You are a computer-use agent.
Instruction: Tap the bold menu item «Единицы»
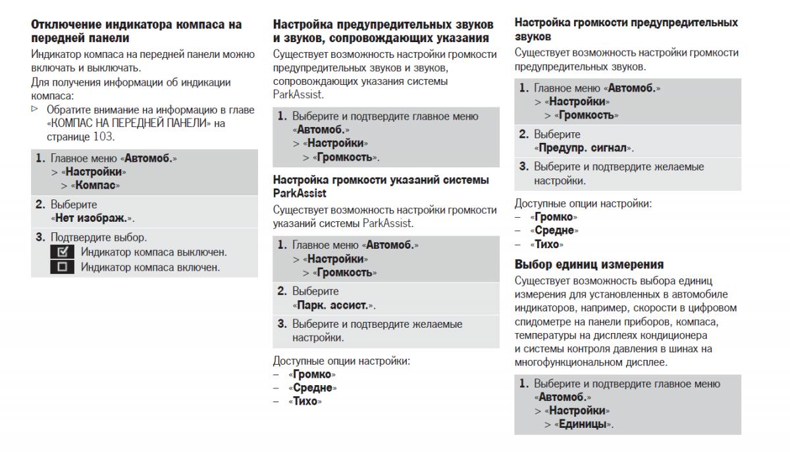coord(583,425)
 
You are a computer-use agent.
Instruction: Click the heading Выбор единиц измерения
coord(589,265)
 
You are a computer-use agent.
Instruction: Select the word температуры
coord(543,335)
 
